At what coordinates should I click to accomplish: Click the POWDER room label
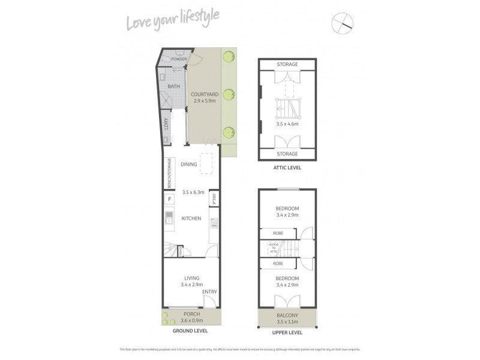(x=179, y=59)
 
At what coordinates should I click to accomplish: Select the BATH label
(x=173, y=87)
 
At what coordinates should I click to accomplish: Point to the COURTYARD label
(x=204, y=95)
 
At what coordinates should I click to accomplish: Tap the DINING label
(x=189, y=164)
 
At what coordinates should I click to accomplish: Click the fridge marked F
(x=170, y=199)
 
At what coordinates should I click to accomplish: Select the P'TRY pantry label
(x=214, y=199)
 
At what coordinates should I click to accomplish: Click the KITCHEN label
(x=191, y=218)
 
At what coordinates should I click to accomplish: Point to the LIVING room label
(x=192, y=278)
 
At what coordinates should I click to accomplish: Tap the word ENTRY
(x=209, y=292)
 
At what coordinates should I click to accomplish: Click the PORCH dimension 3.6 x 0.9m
(x=192, y=321)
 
